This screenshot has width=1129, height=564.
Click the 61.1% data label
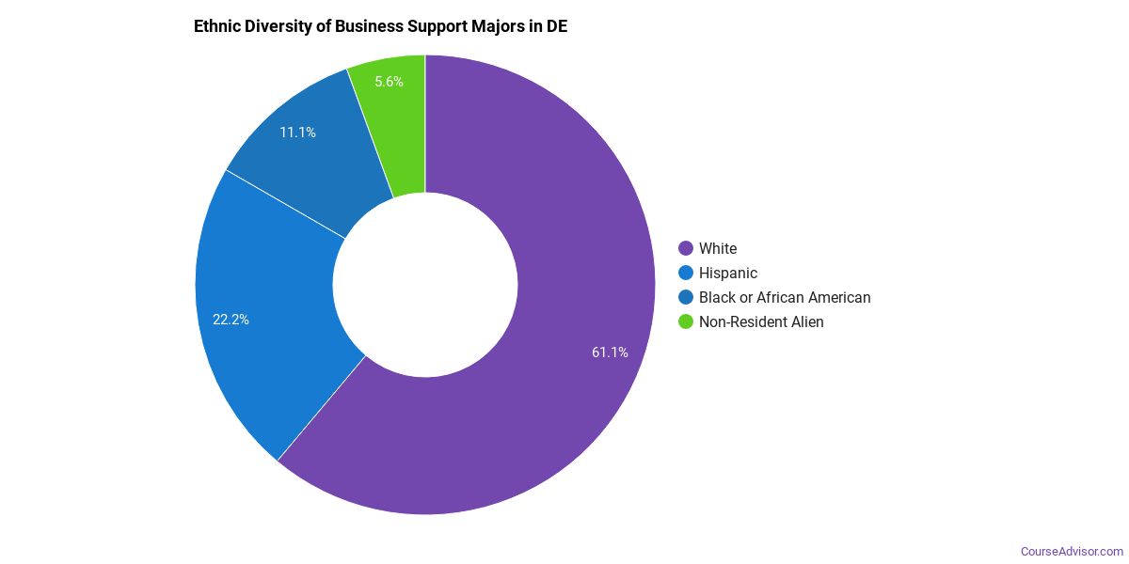610,352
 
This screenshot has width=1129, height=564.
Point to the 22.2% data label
231,320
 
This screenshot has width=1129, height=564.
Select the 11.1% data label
297,133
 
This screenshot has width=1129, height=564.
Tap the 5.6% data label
389,82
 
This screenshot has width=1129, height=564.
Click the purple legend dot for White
686,248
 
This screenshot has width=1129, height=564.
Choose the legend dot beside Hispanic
686,273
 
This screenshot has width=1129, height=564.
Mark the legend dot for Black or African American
686,297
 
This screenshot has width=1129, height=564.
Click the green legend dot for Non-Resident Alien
686,321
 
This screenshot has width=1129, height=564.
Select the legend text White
718,248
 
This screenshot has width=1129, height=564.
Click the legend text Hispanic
728,273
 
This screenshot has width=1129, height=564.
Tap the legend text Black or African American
785,297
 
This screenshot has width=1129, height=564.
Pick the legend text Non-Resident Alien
761,321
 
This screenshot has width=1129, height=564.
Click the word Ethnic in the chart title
217,25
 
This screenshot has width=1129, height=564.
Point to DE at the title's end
556,25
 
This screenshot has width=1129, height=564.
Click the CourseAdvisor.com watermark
1072,551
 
